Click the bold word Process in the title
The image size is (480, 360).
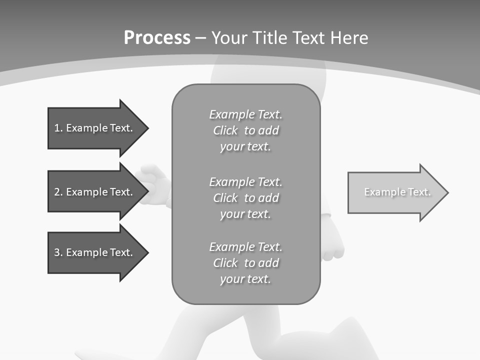pos(157,38)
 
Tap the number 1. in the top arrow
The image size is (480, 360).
pos(58,128)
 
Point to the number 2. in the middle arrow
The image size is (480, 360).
pos(58,192)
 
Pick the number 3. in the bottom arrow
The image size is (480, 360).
pos(58,252)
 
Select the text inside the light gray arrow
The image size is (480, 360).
pos(397,192)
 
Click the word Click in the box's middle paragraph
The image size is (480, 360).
pos(225,198)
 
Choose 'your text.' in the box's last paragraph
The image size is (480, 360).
pos(245,279)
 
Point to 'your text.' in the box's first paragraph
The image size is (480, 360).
pos(245,147)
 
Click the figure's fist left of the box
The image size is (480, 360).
pos(153,184)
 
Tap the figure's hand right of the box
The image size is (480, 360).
pos(332,248)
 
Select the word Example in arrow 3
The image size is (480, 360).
pos(86,252)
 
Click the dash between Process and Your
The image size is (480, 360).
pos(201,38)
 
